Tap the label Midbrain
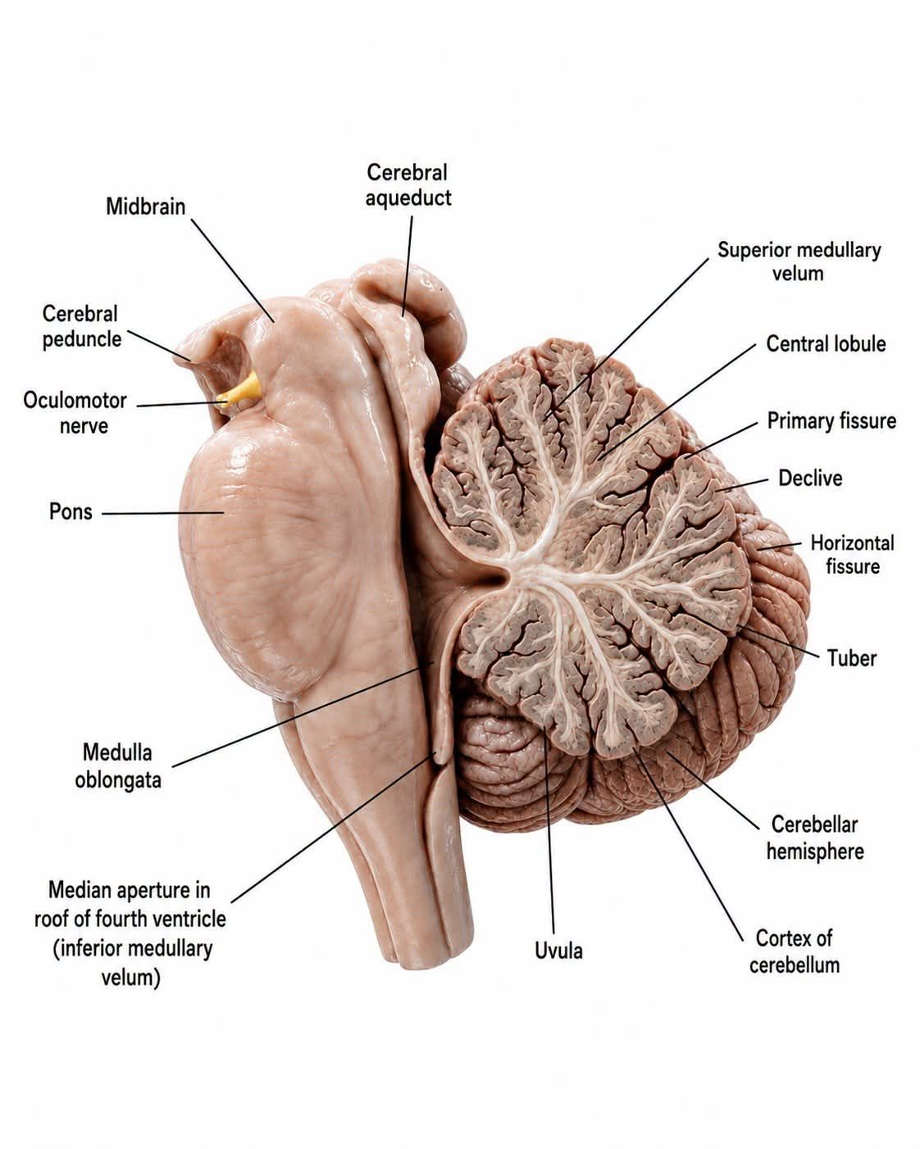145,207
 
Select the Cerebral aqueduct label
408,185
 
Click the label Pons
71,511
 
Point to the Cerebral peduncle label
81,326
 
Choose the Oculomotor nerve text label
75,413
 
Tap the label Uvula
558,951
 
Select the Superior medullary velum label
799,261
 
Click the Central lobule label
826,344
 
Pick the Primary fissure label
831,420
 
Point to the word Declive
810,478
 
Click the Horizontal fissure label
852,555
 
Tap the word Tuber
852,658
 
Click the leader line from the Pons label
162,513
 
